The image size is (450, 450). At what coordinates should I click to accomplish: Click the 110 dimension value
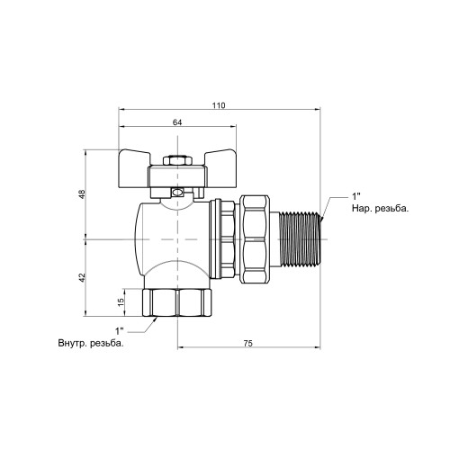point(219,105)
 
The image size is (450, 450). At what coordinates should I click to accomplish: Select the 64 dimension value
point(177,122)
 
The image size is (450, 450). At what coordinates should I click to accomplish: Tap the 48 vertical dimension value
point(82,194)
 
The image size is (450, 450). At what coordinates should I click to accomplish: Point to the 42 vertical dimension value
point(82,277)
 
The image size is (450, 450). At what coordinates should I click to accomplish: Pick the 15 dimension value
point(121,302)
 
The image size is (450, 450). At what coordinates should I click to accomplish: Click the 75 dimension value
point(248,344)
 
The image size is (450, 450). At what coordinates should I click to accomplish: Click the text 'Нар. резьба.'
point(380,209)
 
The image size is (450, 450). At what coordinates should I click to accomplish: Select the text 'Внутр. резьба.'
point(91,343)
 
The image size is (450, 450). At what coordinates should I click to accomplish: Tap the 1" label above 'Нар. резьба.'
point(356,196)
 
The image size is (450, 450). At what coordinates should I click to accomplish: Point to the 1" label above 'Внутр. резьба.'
point(120,331)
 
